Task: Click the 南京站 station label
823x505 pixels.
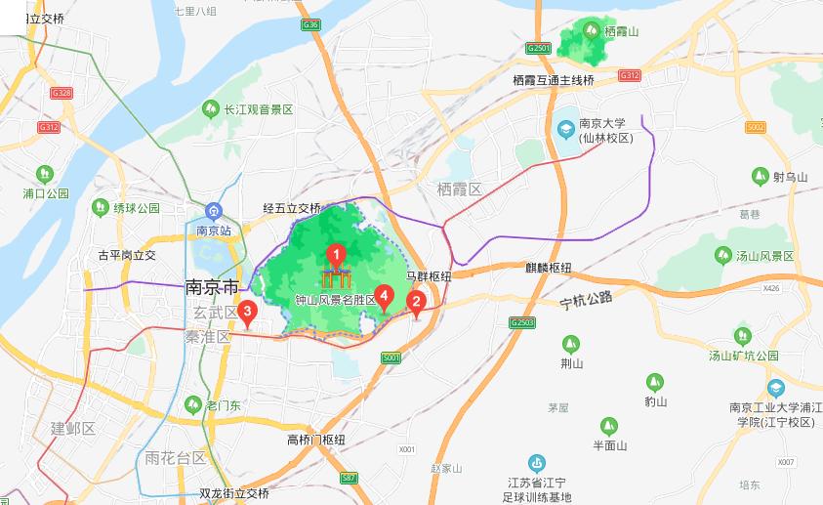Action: pyautogui.click(x=213, y=231)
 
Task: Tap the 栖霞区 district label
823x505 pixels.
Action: pyautogui.click(x=461, y=189)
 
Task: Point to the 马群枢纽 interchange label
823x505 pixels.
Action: pyautogui.click(x=429, y=276)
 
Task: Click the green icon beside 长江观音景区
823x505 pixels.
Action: pyautogui.click(x=210, y=109)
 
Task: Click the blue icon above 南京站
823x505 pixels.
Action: pyautogui.click(x=213, y=212)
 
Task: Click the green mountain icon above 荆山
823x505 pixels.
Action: pyautogui.click(x=571, y=344)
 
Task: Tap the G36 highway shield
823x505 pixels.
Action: pyautogui.click(x=310, y=23)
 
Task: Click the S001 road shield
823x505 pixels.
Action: pyautogui.click(x=391, y=358)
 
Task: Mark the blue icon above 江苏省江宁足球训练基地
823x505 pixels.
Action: pyautogui.click(x=536, y=462)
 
